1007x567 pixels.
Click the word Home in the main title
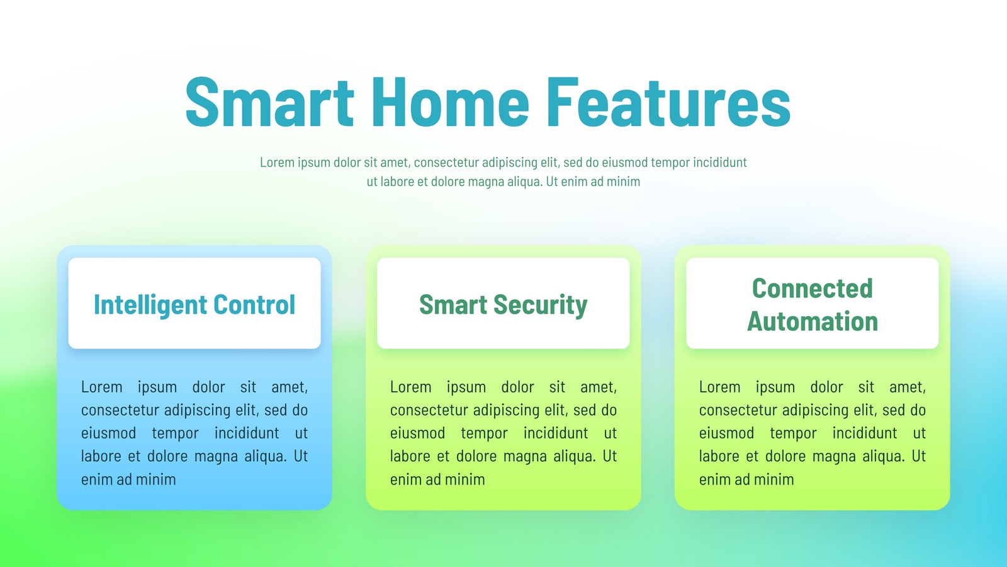pyautogui.click(x=451, y=102)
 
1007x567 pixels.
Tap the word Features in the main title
pyautogui.click(x=668, y=102)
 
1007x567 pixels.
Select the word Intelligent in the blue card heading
pyautogui.click(x=150, y=306)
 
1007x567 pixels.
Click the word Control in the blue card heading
pyautogui.click(x=254, y=305)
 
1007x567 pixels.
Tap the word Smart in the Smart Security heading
pyautogui.click(x=453, y=305)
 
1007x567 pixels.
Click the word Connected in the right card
pyautogui.click(x=813, y=289)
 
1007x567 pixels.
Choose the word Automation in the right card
pyautogui.click(x=813, y=321)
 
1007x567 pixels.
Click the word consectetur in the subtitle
pyautogui.click(x=446, y=162)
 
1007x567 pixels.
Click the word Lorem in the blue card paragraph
pyautogui.click(x=101, y=387)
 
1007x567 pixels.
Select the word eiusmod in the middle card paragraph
pyautogui.click(x=418, y=433)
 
